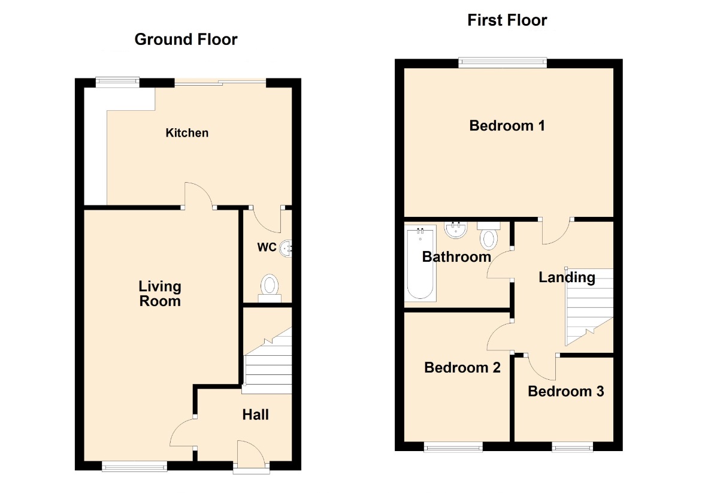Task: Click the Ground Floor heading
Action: [186, 40]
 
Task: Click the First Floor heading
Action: [507, 20]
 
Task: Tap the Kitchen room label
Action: [187, 133]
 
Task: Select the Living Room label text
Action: [160, 294]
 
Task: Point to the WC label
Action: [267, 247]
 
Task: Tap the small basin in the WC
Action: [286, 247]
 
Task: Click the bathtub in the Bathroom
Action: [420, 264]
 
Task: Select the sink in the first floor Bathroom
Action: [456, 229]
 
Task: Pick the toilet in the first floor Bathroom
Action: [488, 236]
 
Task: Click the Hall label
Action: [256, 415]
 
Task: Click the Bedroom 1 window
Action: [503, 63]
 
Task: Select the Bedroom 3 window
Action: [572, 446]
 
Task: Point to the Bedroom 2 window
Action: [453, 446]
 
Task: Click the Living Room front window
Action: [134, 466]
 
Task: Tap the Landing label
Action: [567, 277]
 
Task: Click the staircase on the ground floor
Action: [268, 361]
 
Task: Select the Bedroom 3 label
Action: [566, 391]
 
